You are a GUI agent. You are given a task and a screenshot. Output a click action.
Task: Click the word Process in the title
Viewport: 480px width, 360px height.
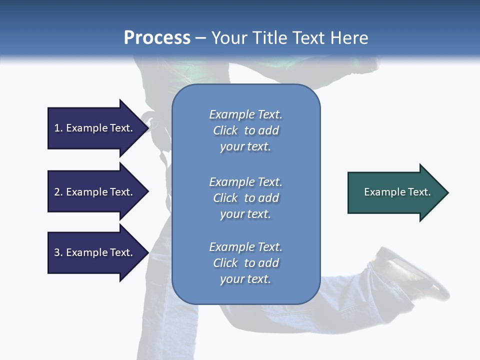[157, 38]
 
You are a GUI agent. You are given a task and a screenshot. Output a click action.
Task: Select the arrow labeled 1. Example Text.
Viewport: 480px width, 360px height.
[95, 128]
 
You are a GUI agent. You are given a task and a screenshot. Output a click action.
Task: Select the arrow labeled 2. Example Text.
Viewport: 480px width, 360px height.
[95, 192]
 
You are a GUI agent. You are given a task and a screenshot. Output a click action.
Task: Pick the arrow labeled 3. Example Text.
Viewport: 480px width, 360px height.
[95, 252]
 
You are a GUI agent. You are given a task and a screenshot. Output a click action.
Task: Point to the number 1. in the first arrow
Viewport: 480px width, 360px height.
[58, 128]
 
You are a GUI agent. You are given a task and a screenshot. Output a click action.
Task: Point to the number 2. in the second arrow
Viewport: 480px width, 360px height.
[58, 192]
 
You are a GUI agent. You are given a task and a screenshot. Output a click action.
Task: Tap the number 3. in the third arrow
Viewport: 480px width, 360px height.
[58, 252]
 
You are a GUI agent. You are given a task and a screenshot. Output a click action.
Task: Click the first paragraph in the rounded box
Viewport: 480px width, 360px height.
[245, 130]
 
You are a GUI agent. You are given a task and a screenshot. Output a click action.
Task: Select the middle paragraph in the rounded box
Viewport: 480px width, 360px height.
[245, 198]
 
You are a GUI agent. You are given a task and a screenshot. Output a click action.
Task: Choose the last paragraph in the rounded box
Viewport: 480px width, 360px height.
[245, 263]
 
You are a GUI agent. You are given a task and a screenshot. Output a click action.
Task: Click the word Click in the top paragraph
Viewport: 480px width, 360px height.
[225, 130]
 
